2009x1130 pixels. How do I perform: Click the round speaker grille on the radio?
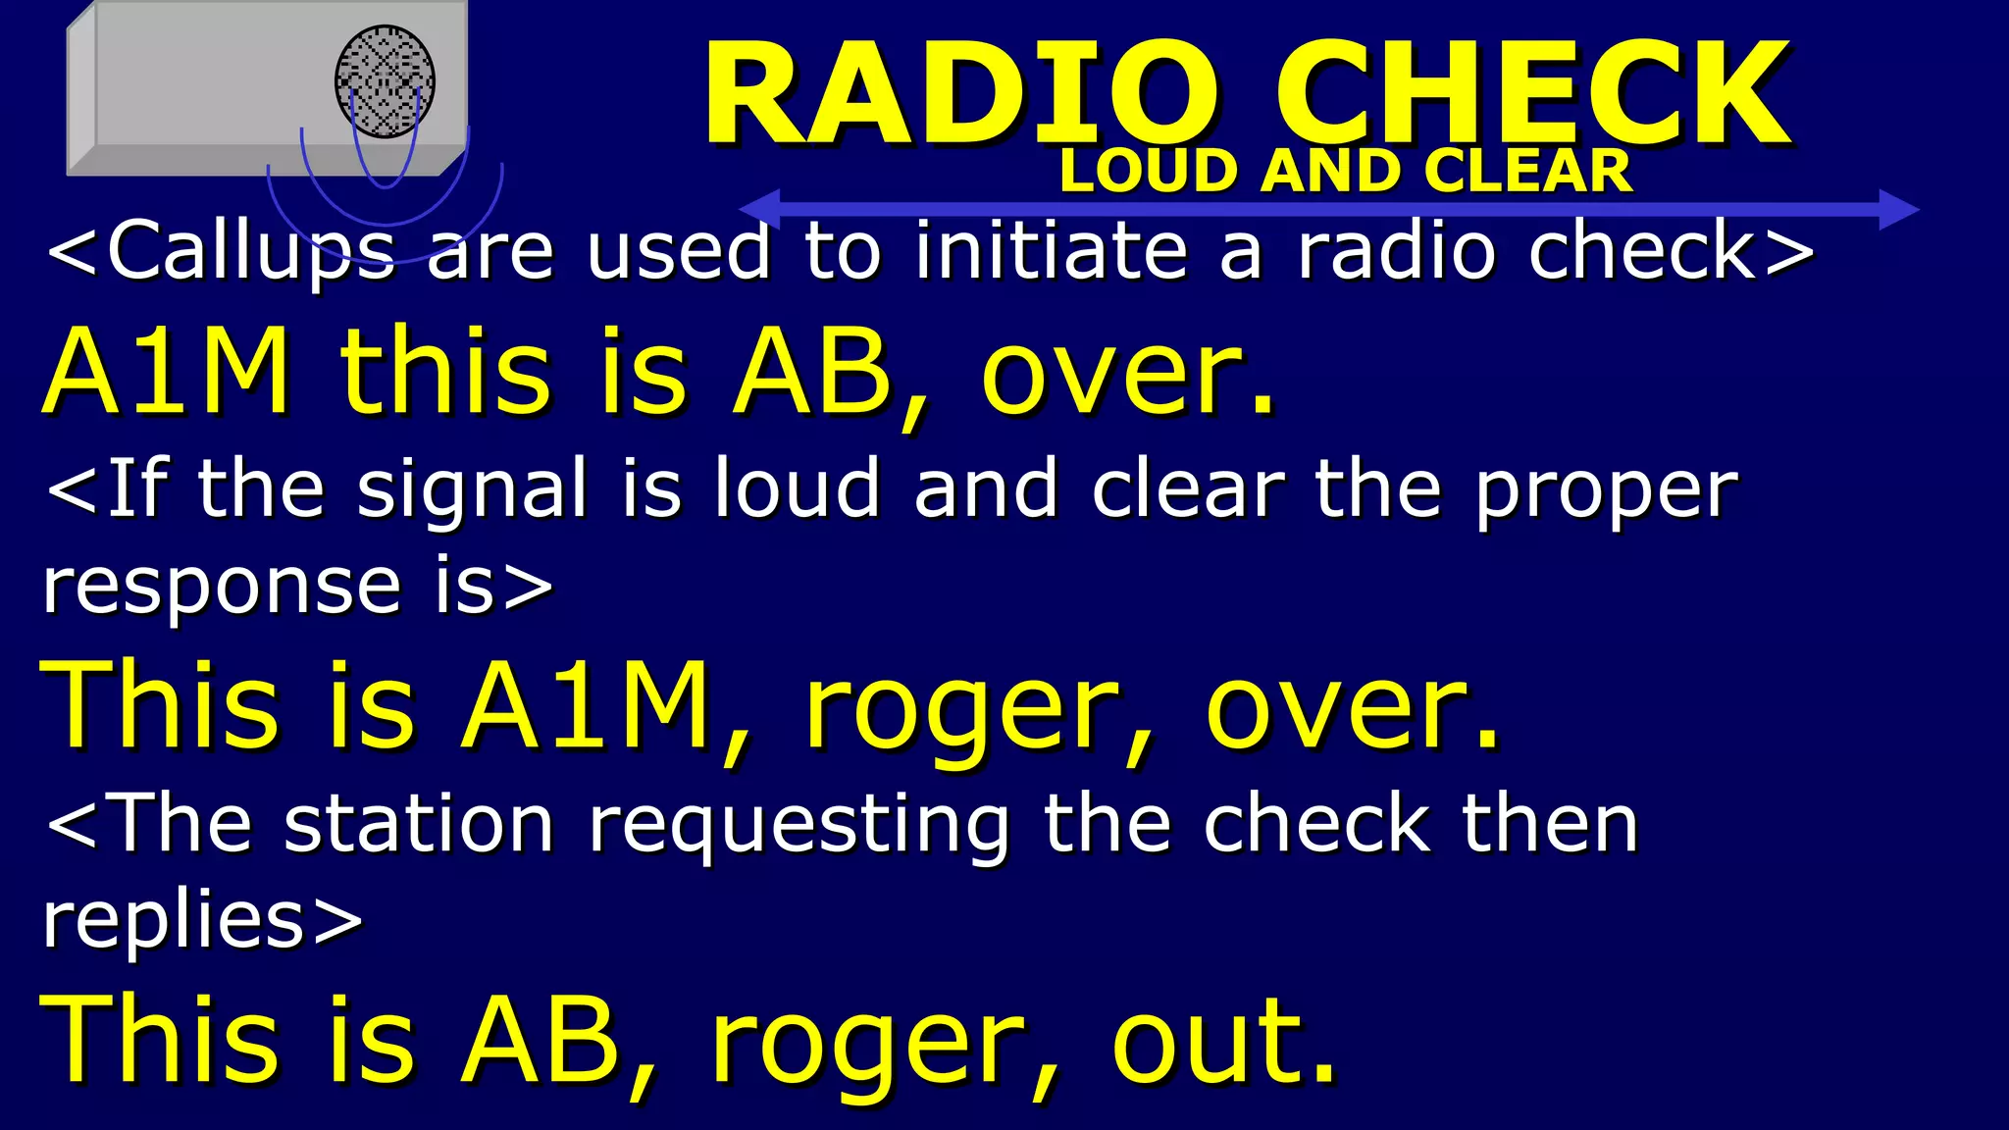pos(385,81)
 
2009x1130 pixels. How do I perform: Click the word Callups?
pos(251,253)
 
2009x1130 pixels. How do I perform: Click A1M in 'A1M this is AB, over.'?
pos(167,373)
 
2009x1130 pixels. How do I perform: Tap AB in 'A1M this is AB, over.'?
pos(813,373)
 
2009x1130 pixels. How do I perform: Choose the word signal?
pos(472,490)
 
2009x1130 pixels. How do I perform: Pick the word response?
pos(222,589)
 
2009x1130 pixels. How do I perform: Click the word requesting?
pos(798,827)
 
